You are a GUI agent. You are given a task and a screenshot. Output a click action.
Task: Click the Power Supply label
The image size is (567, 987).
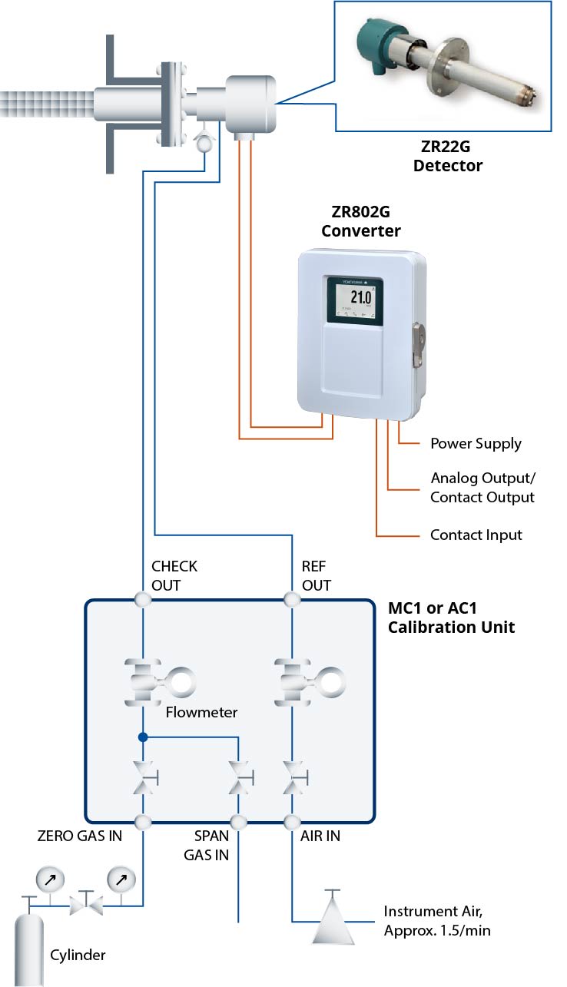tap(476, 444)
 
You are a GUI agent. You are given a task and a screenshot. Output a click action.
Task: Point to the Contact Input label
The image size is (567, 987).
tap(476, 535)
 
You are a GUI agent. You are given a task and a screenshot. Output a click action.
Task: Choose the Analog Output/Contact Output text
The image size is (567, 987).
tap(482, 488)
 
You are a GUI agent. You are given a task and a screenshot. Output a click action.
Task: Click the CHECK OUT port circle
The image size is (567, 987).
tap(143, 598)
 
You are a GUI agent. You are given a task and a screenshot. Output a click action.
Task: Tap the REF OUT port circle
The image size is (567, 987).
tap(292, 598)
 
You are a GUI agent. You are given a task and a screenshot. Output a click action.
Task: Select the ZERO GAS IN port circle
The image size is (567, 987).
tap(143, 822)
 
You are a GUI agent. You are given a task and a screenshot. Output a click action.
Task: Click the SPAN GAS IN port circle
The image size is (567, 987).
tap(240, 822)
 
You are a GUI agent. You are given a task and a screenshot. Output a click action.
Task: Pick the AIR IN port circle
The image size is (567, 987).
tap(292, 822)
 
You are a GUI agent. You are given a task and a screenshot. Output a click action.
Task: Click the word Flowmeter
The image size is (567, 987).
tap(201, 712)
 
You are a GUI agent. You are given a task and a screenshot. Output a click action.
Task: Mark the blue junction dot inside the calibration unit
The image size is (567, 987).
tap(143, 737)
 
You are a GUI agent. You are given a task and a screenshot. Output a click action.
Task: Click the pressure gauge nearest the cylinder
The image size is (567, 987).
tap(49, 877)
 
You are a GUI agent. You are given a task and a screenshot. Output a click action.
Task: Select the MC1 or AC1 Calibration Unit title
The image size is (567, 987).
tap(450, 618)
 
